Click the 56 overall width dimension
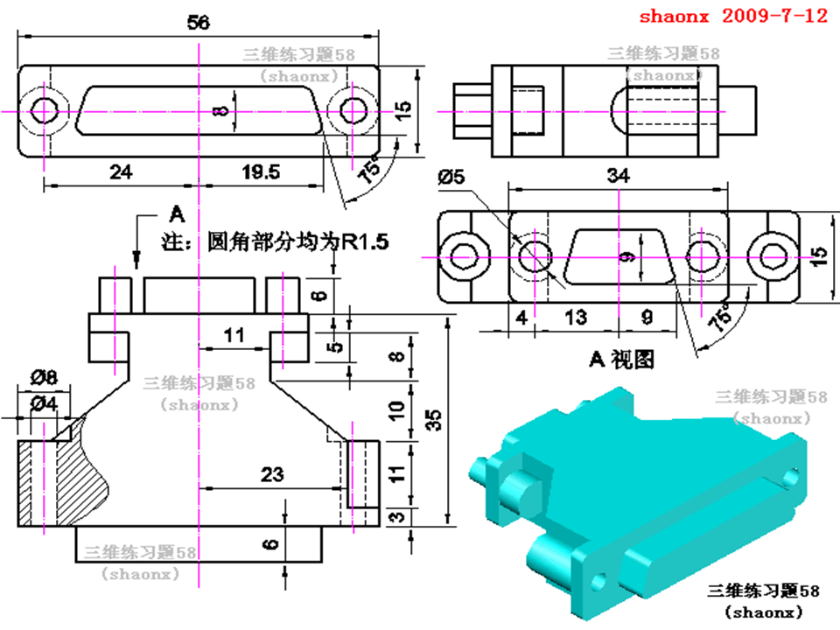[x=199, y=24]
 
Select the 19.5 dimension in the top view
[x=262, y=172]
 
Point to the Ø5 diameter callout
[x=453, y=178]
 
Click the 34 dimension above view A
[x=618, y=175]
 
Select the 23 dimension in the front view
[x=272, y=474]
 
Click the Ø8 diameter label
[x=44, y=378]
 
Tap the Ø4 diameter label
[x=44, y=403]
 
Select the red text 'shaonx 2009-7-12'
[x=732, y=17]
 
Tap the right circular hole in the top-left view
[x=353, y=111]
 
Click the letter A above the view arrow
[x=177, y=213]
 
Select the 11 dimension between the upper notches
[x=233, y=334]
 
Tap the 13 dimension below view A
[x=575, y=317]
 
